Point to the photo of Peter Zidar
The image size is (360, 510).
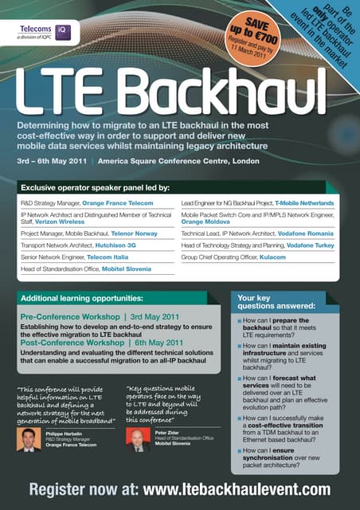pos(139,440)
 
